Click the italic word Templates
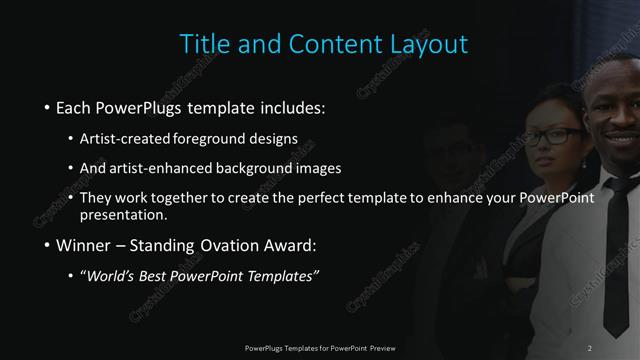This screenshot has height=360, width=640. coord(284,276)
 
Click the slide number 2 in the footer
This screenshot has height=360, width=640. coord(590,347)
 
